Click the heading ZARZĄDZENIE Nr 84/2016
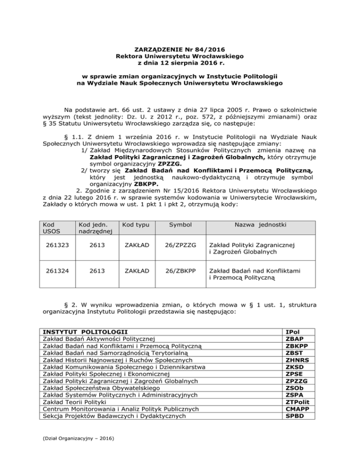click(180, 49)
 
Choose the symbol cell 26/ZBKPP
click(180, 272)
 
